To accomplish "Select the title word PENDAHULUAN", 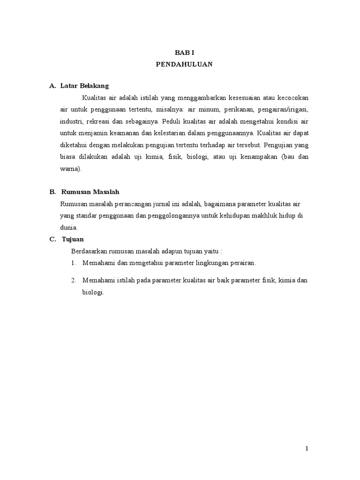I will pyautogui.click(x=184, y=65).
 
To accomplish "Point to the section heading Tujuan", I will pyautogui.click(x=73, y=239).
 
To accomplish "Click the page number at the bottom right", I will pyautogui.click(x=307, y=448).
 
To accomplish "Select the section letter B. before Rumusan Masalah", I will pyautogui.click(x=52, y=192).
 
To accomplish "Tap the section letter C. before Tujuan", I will pyautogui.click(x=53, y=239).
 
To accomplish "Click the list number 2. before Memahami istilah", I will pyautogui.click(x=74, y=280).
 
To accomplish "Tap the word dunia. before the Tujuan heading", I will pyautogui.click(x=69, y=227).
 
